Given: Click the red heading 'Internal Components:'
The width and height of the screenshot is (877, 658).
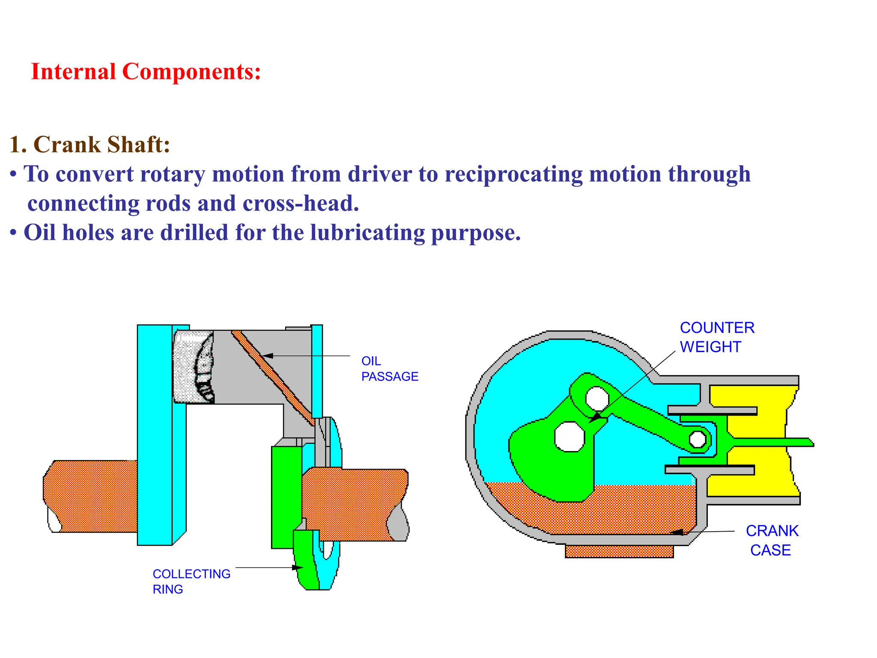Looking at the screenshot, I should [x=146, y=72].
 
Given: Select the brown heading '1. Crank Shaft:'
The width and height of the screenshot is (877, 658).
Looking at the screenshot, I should [x=90, y=144].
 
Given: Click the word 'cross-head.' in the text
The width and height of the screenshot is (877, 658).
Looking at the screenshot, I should [x=301, y=203].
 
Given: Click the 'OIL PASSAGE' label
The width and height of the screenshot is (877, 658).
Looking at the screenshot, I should [x=389, y=368].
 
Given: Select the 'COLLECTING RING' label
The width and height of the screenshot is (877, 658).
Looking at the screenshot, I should [x=191, y=581].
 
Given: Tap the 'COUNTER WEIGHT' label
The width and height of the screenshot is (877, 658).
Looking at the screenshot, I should [x=717, y=337].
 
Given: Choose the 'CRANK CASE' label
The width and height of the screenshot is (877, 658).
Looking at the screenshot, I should [x=772, y=540].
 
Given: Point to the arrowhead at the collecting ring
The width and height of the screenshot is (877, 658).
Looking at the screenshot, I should [x=298, y=568].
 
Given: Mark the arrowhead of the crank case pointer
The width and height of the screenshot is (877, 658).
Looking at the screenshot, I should [x=676, y=532].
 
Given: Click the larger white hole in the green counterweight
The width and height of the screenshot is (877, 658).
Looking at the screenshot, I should [x=570, y=437].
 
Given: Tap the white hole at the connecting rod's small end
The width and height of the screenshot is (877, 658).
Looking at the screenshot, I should [x=698, y=439].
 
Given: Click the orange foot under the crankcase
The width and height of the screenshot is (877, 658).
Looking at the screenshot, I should [x=619, y=551].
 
